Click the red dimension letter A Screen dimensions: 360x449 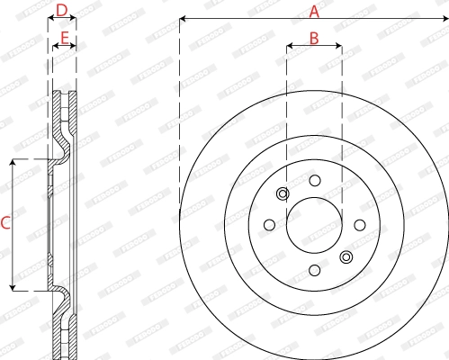click(314, 11)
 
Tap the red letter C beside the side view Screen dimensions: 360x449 click(5, 223)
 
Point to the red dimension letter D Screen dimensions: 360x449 click(60, 11)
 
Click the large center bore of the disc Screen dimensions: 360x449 click(314, 225)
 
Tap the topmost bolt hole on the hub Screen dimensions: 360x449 click(314, 180)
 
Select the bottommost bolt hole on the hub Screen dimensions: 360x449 click(314, 270)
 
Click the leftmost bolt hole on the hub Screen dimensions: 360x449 click(269, 225)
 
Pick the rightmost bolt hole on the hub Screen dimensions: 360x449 click(359, 225)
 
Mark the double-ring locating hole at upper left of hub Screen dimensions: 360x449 click(283, 193)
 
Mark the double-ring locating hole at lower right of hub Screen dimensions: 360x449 click(346, 257)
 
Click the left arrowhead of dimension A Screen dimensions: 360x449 click(183, 19)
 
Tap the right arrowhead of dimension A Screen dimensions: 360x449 click(445, 19)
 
